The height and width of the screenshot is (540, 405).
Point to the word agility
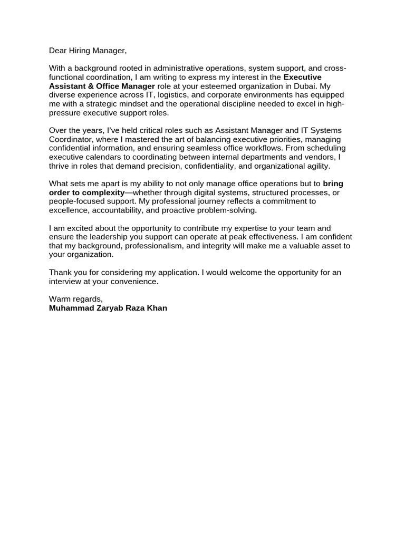point(316,166)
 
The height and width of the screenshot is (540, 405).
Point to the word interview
point(66,282)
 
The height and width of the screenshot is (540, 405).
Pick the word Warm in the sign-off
point(60,299)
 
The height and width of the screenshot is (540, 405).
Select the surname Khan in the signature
point(158,308)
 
